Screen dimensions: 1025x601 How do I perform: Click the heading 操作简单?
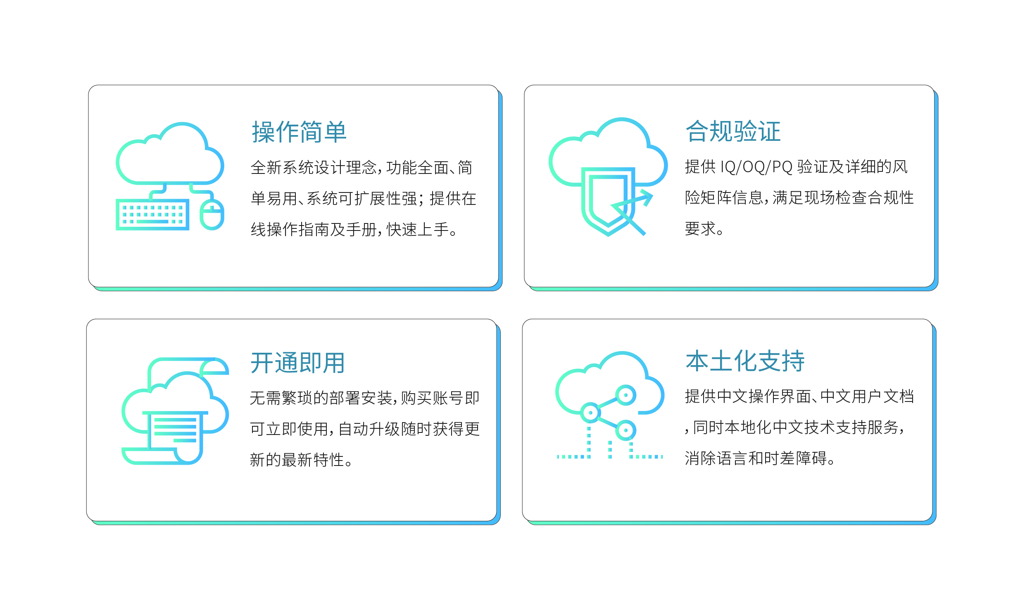(299, 132)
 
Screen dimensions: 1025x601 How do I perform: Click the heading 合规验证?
(733, 131)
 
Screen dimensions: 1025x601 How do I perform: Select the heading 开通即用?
(297, 363)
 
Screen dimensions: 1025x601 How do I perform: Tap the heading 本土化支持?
(745, 361)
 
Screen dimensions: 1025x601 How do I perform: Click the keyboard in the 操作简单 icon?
(152, 215)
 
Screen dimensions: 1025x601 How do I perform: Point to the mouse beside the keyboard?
(212, 214)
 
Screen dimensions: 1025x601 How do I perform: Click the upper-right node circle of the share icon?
(626, 395)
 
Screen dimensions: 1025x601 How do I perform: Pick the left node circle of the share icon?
(590, 413)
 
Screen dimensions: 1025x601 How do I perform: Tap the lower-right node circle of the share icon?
(625, 430)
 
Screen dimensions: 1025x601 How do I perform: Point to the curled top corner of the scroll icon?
(214, 366)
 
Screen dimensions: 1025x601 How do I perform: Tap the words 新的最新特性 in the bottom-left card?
(297, 460)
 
